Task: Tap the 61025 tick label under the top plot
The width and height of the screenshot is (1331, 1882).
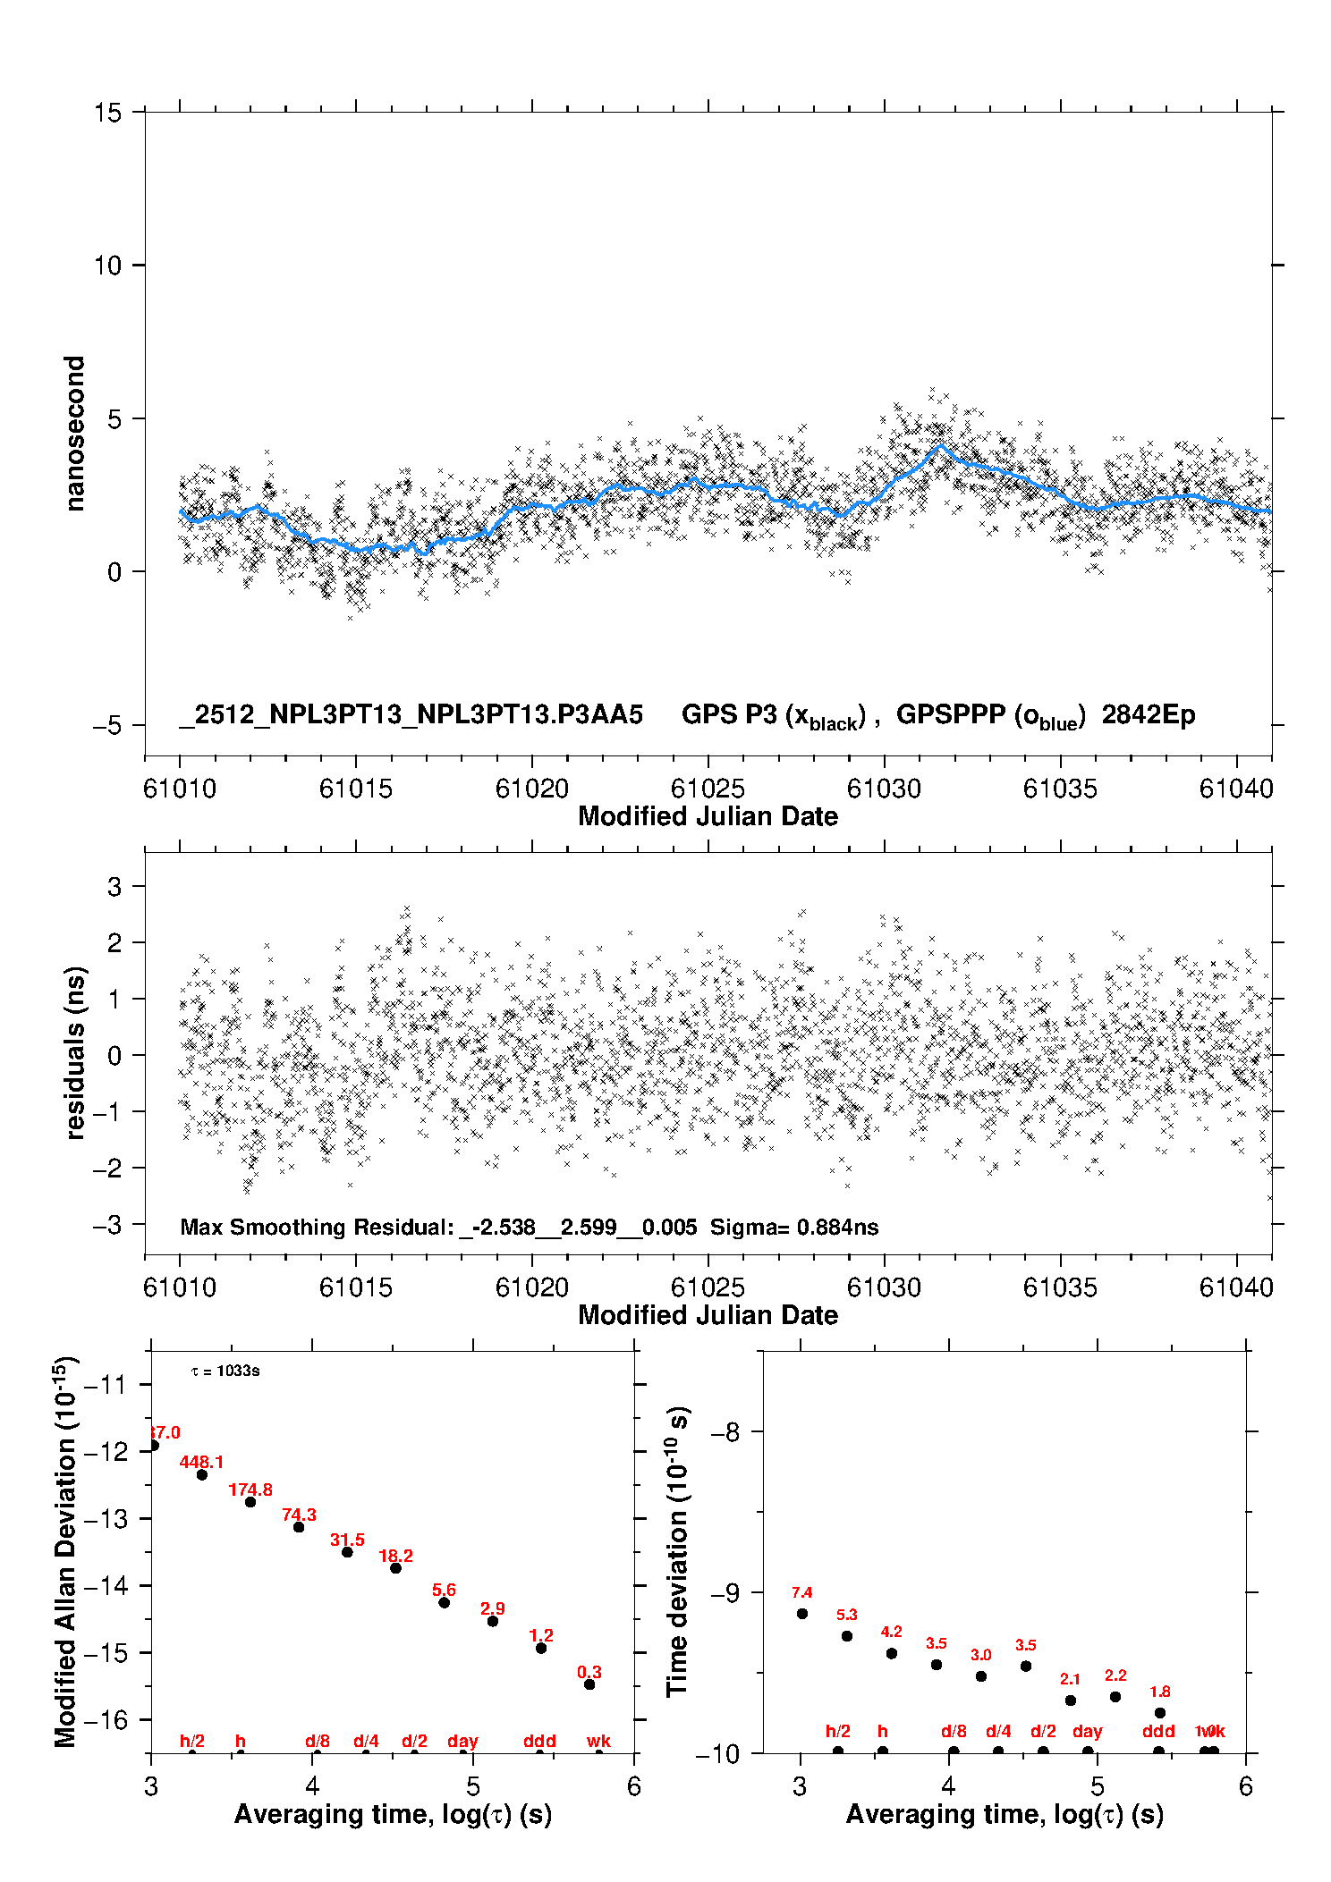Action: (x=708, y=789)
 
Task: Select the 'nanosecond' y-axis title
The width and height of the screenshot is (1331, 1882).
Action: (x=75, y=434)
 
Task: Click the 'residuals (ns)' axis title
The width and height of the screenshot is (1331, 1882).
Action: (x=75, y=1052)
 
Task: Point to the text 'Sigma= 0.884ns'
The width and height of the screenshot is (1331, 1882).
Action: (x=794, y=1228)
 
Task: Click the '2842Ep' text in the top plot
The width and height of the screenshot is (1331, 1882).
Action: (x=1148, y=715)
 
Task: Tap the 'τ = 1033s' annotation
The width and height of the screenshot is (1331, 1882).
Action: (x=225, y=1371)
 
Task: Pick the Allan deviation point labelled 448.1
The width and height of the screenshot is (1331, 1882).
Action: (x=202, y=1475)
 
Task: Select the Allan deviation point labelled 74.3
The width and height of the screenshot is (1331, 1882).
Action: (x=299, y=1527)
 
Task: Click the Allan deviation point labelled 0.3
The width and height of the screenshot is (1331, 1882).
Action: (x=589, y=1684)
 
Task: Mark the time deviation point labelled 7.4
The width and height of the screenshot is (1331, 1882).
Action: (x=802, y=1614)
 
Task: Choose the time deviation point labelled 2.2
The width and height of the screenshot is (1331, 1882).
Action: (x=1115, y=1697)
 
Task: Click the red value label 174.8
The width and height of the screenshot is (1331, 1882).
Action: (x=250, y=1490)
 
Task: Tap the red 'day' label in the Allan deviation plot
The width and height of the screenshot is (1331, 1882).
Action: (x=462, y=1742)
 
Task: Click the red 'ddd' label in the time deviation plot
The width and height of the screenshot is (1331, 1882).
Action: (x=1158, y=1732)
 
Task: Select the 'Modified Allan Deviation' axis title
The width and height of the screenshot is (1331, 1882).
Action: (x=66, y=1552)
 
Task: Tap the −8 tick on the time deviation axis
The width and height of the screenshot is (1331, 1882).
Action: (x=724, y=1432)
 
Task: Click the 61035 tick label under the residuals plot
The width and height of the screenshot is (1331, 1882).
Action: (x=1060, y=1288)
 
